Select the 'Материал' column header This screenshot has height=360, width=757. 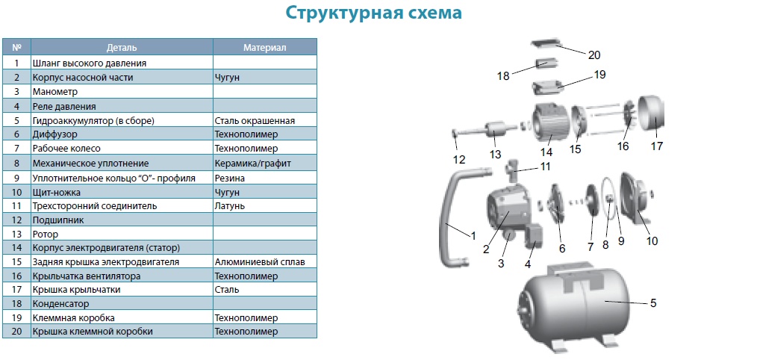[x=264, y=48]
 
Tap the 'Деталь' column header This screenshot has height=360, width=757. [x=122, y=48]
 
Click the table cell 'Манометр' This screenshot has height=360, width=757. [x=55, y=92]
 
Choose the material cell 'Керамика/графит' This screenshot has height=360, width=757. [x=252, y=163]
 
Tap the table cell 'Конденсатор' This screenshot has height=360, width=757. [x=60, y=304]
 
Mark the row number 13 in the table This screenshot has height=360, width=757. [x=16, y=234]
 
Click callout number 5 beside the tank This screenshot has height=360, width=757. [x=652, y=303]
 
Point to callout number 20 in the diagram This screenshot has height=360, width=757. [x=594, y=55]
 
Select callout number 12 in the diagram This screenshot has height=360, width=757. [x=458, y=159]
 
